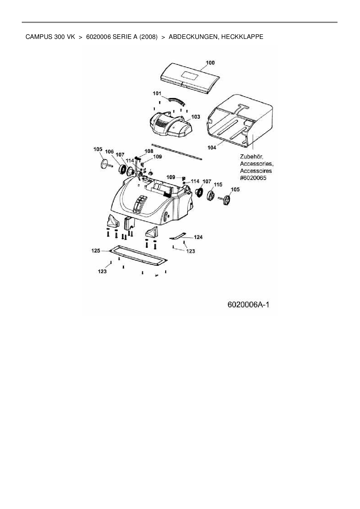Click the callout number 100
point(210,63)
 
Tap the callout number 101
point(157,93)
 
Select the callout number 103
point(196,117)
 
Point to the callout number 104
point(212,147)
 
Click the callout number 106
point(109,151)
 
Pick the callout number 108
point(149,151)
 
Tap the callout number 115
point(218,185)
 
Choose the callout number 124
point(198,237)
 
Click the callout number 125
point(96,250)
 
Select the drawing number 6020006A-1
point(249,305)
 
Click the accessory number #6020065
point(253,178)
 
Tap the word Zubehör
point(251,157)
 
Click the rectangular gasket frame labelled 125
point(138,255)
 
